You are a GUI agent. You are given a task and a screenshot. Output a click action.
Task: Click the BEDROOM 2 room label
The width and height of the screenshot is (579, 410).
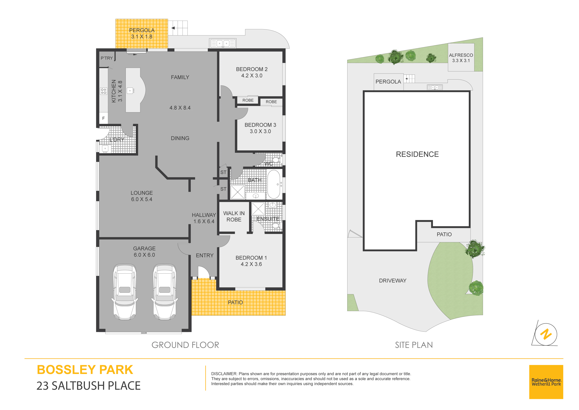point(252,69)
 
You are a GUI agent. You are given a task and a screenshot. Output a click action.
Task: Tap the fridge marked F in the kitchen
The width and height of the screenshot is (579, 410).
point(103,118)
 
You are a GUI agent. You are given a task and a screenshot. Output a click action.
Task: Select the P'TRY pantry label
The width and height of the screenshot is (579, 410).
point(107,58)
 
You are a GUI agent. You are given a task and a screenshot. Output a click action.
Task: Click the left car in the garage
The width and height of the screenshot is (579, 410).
point(125,292)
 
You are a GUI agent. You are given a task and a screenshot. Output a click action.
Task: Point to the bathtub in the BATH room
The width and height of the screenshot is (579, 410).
point(274,184)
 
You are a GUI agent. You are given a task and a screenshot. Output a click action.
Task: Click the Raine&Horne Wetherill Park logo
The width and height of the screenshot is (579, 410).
point(546,382)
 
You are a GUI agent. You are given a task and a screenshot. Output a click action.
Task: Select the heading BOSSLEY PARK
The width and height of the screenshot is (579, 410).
point(85,370)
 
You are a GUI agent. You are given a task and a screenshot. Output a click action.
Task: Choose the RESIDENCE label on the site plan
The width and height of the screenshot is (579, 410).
point(417,154)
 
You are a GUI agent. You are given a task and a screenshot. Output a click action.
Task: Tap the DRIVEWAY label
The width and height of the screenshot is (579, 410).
point(393,281)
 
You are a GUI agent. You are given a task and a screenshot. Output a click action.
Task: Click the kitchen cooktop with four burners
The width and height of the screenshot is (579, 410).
point(103,91)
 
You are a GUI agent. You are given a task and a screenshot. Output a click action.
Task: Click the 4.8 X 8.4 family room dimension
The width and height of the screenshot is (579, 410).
point(180,108)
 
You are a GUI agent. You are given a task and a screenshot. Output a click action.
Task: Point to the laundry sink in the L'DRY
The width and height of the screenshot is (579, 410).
point(105,149)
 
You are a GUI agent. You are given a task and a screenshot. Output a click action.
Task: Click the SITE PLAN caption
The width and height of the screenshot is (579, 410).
point(414,345)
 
